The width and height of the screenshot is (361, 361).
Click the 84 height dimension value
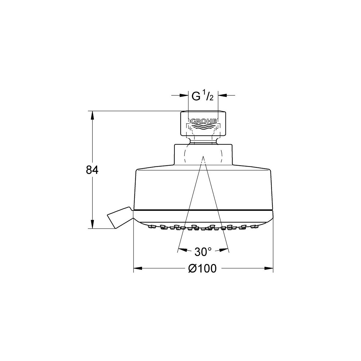coord(92,170)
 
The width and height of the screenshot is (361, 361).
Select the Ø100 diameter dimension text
coord(202,268)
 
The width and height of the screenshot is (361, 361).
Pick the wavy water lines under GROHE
coord(203,127)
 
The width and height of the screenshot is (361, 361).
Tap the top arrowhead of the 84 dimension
coord(92,115)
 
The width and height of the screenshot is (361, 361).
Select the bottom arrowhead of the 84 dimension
coord(92,224)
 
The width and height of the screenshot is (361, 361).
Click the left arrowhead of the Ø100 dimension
coord(138,268)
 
